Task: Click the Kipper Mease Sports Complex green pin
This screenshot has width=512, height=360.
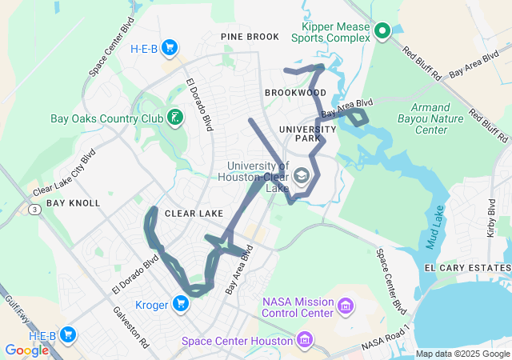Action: tap(382, 31)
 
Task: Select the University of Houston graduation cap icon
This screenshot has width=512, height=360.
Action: tap(302, 175)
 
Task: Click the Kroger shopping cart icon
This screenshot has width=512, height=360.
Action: tap(182, 303)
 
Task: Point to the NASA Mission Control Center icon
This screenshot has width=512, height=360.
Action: tap(346, 306)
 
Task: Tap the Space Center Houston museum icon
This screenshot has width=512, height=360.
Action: tap(304, 342)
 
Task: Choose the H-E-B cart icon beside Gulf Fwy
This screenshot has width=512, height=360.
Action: tap(68, 334)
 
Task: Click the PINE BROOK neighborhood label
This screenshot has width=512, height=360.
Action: tap(250, 37)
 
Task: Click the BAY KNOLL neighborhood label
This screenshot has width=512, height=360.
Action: tap(73, 203)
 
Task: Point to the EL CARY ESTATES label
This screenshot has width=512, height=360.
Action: tap(466, 266)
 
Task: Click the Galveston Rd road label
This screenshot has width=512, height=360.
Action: tap(132, 327)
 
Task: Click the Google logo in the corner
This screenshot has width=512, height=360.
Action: tap(27, 350)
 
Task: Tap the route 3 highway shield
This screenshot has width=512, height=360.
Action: tap(35, 209)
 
